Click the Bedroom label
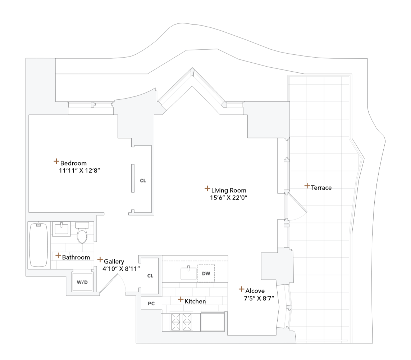pyautogui.click(x=73, y=163)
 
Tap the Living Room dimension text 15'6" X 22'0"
pyautogui.click(x=229, y=198)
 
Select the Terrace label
pyautogui.click(x=321, y=188)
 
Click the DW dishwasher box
pyautogui.click(x=206, y=274)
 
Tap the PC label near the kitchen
pyautogui.click(x=151, y=303)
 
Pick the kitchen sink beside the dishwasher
pyautogui.click(x=188, y=273)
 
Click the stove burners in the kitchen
pyautogui.click(x=182, y=321)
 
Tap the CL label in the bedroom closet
pyautogui.click(x=143, y=181)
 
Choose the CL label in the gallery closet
pyautogui.click(x=150, y=276)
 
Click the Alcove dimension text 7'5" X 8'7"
pyautogui.click(x=259, y=298)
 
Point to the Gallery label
pyautogui.click(x=114, y=261)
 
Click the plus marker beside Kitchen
pyautogui.click(x=181, y=300)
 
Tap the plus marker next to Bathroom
pyautogui.click(x=58, y=256)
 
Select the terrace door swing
pyautogui.click(x=297, y=207)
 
